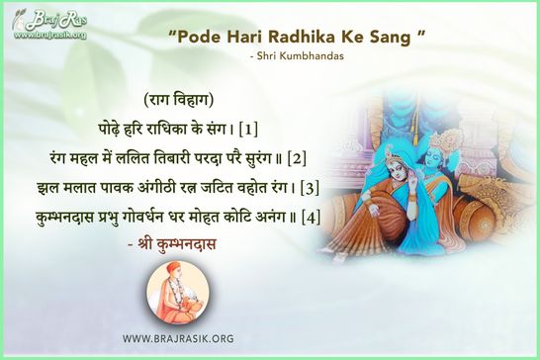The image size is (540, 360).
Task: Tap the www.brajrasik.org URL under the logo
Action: (49, 36)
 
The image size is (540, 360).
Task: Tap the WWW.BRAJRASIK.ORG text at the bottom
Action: (178, 338)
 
